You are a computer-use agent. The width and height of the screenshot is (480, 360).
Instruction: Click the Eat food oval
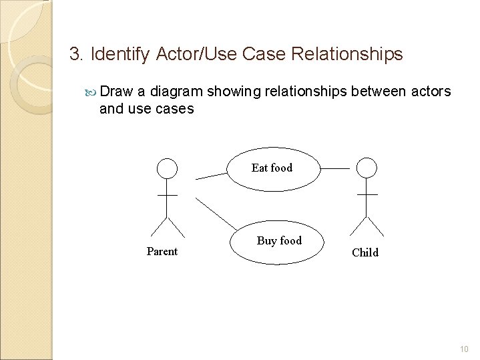click(x=272, y=168)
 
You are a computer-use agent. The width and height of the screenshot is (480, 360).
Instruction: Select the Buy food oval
click(x=278, y=241)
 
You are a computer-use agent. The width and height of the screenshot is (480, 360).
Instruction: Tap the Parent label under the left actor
click(x=162, y=251)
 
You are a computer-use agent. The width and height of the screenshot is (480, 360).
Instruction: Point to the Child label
click(x=365, y=252)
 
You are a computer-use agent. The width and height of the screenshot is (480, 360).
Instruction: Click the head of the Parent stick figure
click(x=167, y=168)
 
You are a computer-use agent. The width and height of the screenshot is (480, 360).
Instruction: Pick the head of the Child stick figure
click(x=367, y=168)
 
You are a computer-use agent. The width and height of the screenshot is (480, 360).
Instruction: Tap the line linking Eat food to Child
click(x=334, y=168)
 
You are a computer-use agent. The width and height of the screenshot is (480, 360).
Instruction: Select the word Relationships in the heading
click(x=349, y=53)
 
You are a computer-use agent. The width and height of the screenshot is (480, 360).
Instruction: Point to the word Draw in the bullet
click(x=119, y=90)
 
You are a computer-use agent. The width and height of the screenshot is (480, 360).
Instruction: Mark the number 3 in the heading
click(x=74, y=53)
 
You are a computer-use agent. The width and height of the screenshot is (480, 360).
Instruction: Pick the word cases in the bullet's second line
click(x=175, y=108)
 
